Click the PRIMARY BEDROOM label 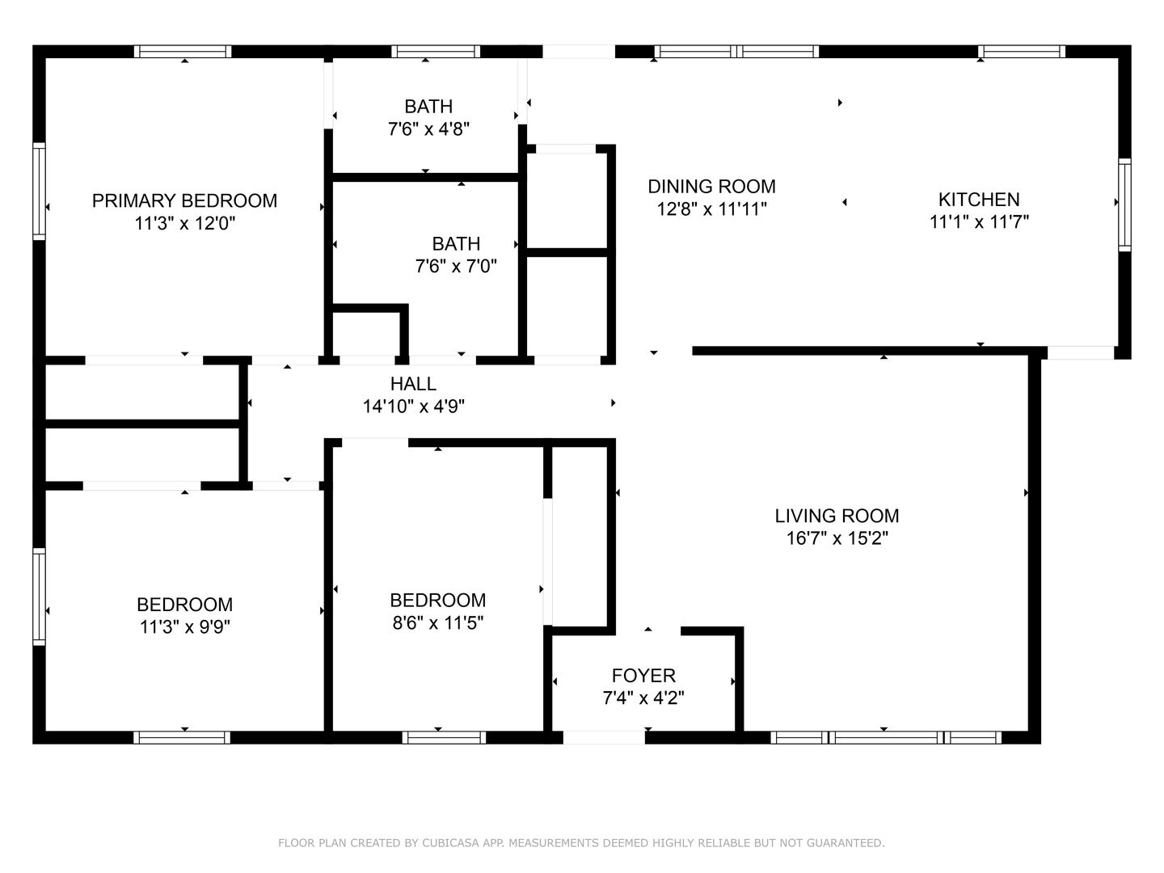(x=184, y=200)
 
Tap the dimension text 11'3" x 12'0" (x=184, y=223)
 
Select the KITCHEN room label (x=979, y=199)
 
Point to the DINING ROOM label (x=711, y=187)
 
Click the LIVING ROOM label (x=837, y=516)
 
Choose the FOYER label (x=643, y=675)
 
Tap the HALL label (x=413, y=384)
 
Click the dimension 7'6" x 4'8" (x=428, y=129)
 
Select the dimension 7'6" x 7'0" (x=456, y=266)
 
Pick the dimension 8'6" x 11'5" (x=437, y=622)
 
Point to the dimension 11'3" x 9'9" (x=184, y=626)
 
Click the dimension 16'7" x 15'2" (x=837, y=538)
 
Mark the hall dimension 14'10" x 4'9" (x=413, y=407)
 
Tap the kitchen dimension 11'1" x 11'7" (x=979, y=221)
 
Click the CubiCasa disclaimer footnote (x=581, y=843)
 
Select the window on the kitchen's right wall (x=1124, y=205)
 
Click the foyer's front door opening (x=604, y=736)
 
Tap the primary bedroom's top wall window (x=183, y=51)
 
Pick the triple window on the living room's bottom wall (x=886, y=736)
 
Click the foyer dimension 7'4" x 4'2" (x=643, y=698)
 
